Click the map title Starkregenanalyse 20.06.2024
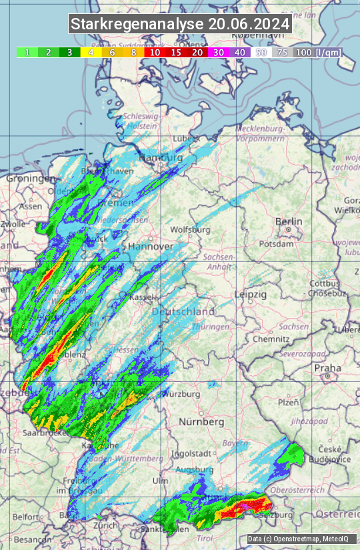click(x=180, y=25)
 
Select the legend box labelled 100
click(x=303, y=52)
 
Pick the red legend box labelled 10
click(x=155, y=52)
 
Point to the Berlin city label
click(x=289, y=221)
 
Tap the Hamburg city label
click(x=161, y=157)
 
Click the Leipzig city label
click(x=251, y=294)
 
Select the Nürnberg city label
click(x=201, y=422)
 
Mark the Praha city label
click(x=327, y=368)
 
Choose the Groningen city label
click(x=31, y=179)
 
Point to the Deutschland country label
click(x=183, y=311)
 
